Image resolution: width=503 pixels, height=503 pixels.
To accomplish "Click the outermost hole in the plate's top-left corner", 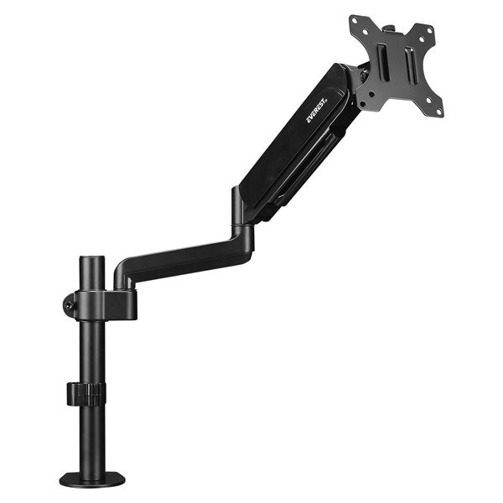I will pos(355,21).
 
